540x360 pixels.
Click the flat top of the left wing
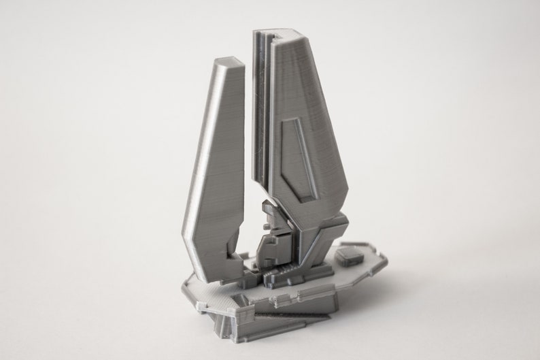point(226,65)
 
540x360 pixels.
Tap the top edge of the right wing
point(278,35)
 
